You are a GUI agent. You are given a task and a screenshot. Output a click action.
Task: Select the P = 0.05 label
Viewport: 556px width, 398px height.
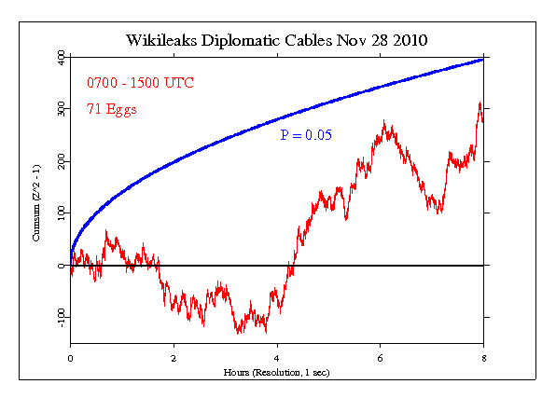tap(306, 136)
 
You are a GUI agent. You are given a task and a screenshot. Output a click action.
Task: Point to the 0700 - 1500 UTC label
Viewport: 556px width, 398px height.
tap(141, 82)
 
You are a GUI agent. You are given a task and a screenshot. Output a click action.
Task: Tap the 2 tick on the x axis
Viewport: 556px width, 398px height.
tap(174, 357)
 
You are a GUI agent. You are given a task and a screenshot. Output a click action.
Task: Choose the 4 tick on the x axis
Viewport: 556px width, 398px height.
tap(277, 357)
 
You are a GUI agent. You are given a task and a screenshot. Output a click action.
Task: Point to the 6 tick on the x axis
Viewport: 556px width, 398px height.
tap(380, 357)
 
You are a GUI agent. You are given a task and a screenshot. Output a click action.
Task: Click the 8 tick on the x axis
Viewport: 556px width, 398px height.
tap(483, 357)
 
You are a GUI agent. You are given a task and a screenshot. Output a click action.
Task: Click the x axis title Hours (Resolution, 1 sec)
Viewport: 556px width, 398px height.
tap(277, 372)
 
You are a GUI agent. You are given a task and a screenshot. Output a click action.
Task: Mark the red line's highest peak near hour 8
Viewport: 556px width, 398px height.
tap(480, 103)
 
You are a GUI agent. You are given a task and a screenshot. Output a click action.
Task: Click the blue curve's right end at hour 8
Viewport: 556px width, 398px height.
tap(482, 59)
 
